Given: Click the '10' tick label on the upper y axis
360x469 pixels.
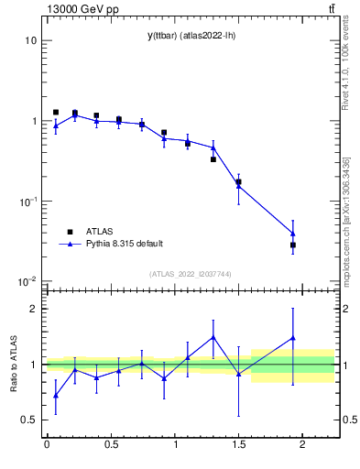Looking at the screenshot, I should click(30, 41).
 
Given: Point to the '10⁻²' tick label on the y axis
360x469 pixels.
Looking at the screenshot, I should click(27, 281).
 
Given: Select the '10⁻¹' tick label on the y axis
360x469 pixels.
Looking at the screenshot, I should click(27, 201).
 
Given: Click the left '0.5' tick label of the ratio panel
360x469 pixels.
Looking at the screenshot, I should click(28, 420).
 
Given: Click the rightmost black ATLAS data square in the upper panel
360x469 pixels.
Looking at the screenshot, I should click(293, 245).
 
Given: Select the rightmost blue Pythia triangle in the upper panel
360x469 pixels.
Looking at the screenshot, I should click(293, 233).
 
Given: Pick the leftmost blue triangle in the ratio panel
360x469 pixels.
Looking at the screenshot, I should click(56, 396).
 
